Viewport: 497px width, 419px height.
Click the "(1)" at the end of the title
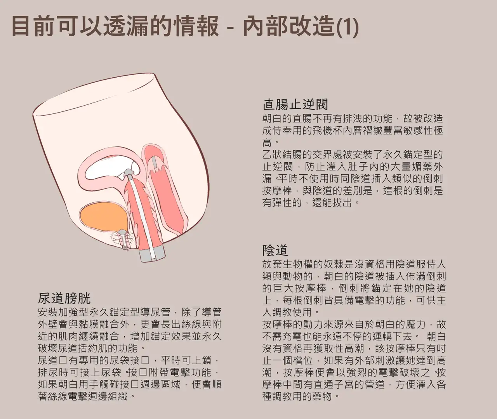click(348, 27)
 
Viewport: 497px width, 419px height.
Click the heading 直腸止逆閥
click(295, 104)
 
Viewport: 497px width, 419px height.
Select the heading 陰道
click(275, 250)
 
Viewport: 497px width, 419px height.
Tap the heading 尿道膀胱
click(64, 299)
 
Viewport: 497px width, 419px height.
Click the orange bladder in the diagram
click(103, 218)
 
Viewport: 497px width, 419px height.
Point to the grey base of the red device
click(152, 255)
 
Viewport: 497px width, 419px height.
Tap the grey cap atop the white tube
click(129, 172)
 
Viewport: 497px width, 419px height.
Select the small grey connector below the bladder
click(125, 240)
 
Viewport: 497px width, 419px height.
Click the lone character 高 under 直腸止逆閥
click(267, 143)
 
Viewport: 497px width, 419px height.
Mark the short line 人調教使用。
click(291, 312)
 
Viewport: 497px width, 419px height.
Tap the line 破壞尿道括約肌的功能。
click(91, 348)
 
